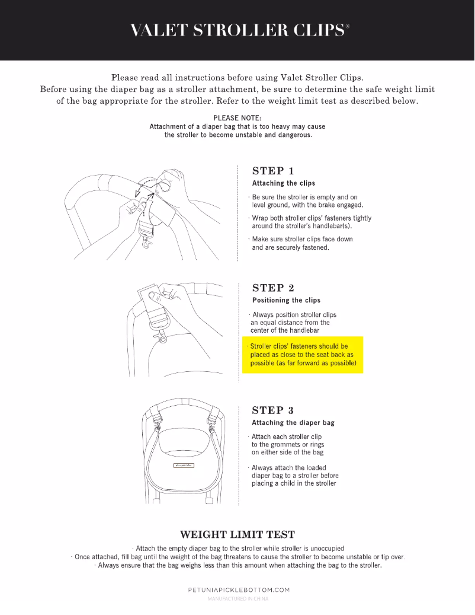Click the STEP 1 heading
pyautogui.click(x=273, y=171)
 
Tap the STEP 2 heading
pyautogui.click(x=273, y=288)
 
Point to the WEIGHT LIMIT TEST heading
pyautogui.click(x=237, y=534)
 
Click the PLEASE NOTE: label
pyautogui.click(x=237, y=117)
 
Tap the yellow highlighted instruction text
pyautogui.click(x=302, y=354)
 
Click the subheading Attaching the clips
pyautogui.click(x=284, y=183)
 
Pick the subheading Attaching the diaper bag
pyautogui.click(x=293, y=423)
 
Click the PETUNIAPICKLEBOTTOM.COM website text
pyautogui.click(x=238, y=590)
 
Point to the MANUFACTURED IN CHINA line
pyautogui.click(x=237, y=599)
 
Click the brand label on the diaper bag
pyautogui.click(x=184, y=465)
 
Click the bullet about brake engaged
pyautogui.click(x=303, y=201)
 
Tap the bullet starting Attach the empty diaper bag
pyautogui.click(x=237, y=549)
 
